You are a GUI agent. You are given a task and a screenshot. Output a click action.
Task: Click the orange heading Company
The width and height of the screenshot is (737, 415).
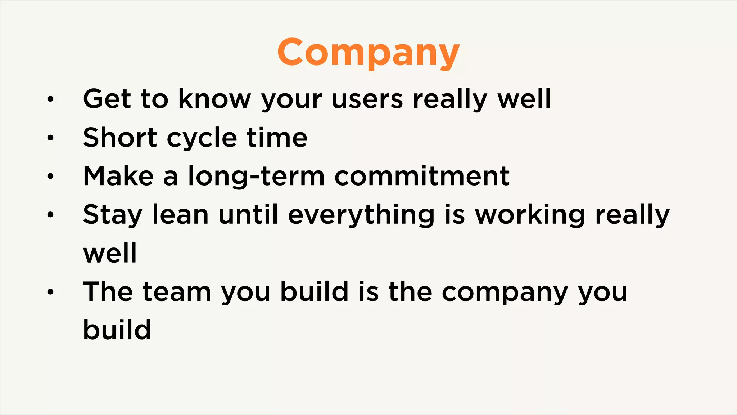[x=368, y=53]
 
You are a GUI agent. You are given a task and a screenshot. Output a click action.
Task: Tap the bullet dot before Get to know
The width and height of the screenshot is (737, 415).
[x=50, y=99]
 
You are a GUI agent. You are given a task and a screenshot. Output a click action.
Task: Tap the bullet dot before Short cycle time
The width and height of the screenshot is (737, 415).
[x=50, y=138]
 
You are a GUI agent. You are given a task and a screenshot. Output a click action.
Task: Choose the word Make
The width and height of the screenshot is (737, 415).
[x=118, y=176]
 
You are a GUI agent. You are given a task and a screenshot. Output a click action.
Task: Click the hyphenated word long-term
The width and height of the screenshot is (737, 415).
[x=256, y=177]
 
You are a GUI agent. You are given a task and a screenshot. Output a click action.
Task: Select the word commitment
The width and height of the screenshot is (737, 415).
[x=422, y=176]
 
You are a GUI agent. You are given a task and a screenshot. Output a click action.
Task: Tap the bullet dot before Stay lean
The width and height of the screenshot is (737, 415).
[x=50, y=215]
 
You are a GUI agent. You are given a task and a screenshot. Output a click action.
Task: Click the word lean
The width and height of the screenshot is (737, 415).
[x=180, y=215]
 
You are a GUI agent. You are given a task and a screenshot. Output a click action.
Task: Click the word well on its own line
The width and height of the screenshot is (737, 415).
[x=110, y=253]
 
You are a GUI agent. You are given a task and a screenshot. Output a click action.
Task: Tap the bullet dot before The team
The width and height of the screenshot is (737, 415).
[x=50, y=292]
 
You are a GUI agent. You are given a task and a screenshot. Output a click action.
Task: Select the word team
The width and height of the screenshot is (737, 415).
[x=177, y=292]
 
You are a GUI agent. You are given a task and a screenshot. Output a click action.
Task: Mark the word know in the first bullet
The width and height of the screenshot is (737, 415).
[x=214, y=99]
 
